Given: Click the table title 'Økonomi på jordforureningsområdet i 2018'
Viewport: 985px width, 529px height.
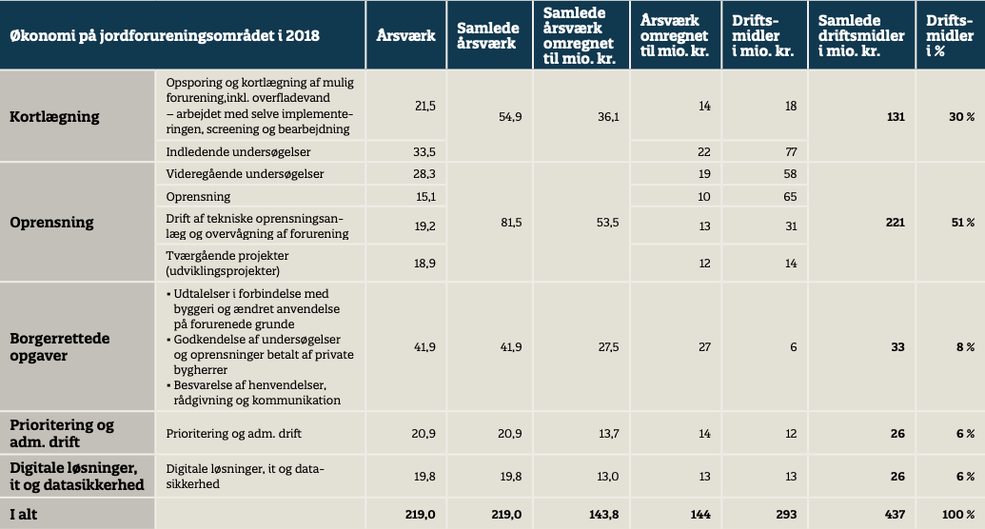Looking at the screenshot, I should coord(164,36).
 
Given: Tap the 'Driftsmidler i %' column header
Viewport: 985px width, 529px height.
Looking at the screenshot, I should coord(943,36).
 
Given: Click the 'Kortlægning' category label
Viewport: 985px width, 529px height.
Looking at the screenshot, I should coord(54,117).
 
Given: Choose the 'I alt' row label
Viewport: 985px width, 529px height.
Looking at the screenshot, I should coord(27,514).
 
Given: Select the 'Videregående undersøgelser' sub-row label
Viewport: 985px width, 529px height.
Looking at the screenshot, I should coord(245,174).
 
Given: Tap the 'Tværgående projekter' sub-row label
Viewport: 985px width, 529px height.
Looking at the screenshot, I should coord(229,264).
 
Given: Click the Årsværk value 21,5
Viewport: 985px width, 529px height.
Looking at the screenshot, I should coord(424,106).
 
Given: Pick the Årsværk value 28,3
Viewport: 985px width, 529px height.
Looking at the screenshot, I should coord(424,174).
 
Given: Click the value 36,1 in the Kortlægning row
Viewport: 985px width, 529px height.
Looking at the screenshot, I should coord(606,117).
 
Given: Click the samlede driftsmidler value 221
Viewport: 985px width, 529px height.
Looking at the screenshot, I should coord(894,222).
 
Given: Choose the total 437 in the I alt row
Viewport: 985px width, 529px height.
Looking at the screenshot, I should coord(894,514).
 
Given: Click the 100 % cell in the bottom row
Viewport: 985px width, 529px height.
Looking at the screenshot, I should coord(959,514).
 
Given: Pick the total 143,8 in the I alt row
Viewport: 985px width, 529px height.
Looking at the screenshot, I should coord(603,514).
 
